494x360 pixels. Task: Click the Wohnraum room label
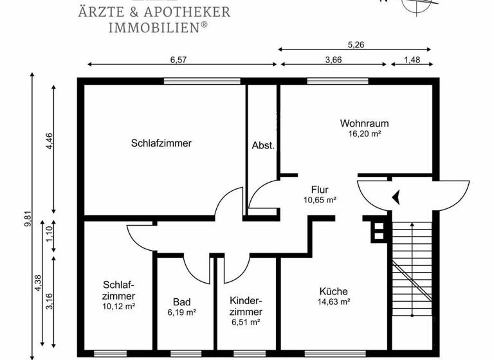(x=365, y=123)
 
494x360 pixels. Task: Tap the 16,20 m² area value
(x=365, y=134)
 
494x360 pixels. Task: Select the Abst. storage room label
(x=263, y=146)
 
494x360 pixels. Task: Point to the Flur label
(x=320, y=190)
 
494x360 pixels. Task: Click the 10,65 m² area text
(x=320, y=200)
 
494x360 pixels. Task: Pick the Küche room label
(x=333, y=291)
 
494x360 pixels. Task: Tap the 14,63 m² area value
(x=333, y=301)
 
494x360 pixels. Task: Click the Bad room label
(x=181, y=301)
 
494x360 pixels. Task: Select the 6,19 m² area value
(x=181, y=312)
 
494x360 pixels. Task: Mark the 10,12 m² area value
(x=118, y=306)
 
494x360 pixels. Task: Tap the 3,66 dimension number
(x=333, y=59)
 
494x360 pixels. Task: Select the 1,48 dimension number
(x=412, y=59)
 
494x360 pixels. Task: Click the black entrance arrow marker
(x=398, y=197)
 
